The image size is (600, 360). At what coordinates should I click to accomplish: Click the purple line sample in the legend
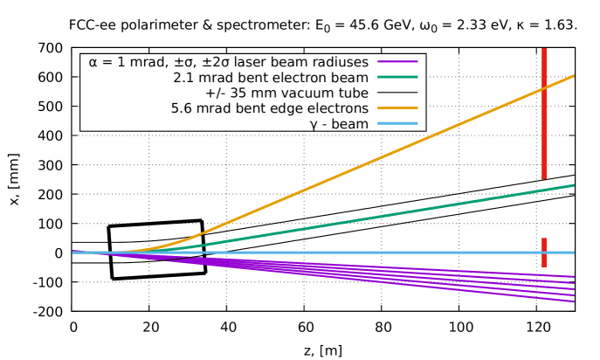tap(397, 62)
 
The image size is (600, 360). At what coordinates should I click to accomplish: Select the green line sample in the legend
tap(397, 78)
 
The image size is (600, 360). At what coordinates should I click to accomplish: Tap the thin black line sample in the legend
tap(397, 93)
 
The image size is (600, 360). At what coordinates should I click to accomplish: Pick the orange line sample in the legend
tap(397, 108)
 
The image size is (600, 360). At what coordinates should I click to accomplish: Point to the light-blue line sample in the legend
tap(397, 124)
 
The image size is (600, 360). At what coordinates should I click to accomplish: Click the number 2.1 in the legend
tap(183, 78)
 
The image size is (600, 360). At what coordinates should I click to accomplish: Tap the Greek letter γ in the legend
tap(314, 125)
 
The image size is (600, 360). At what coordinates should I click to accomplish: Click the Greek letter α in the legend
tap(93, 62)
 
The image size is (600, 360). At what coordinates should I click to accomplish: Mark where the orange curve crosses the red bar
tap(543, 89)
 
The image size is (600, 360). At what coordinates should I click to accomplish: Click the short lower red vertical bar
tap(543, 253)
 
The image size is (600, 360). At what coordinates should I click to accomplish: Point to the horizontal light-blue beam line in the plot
tap(349, 253)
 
